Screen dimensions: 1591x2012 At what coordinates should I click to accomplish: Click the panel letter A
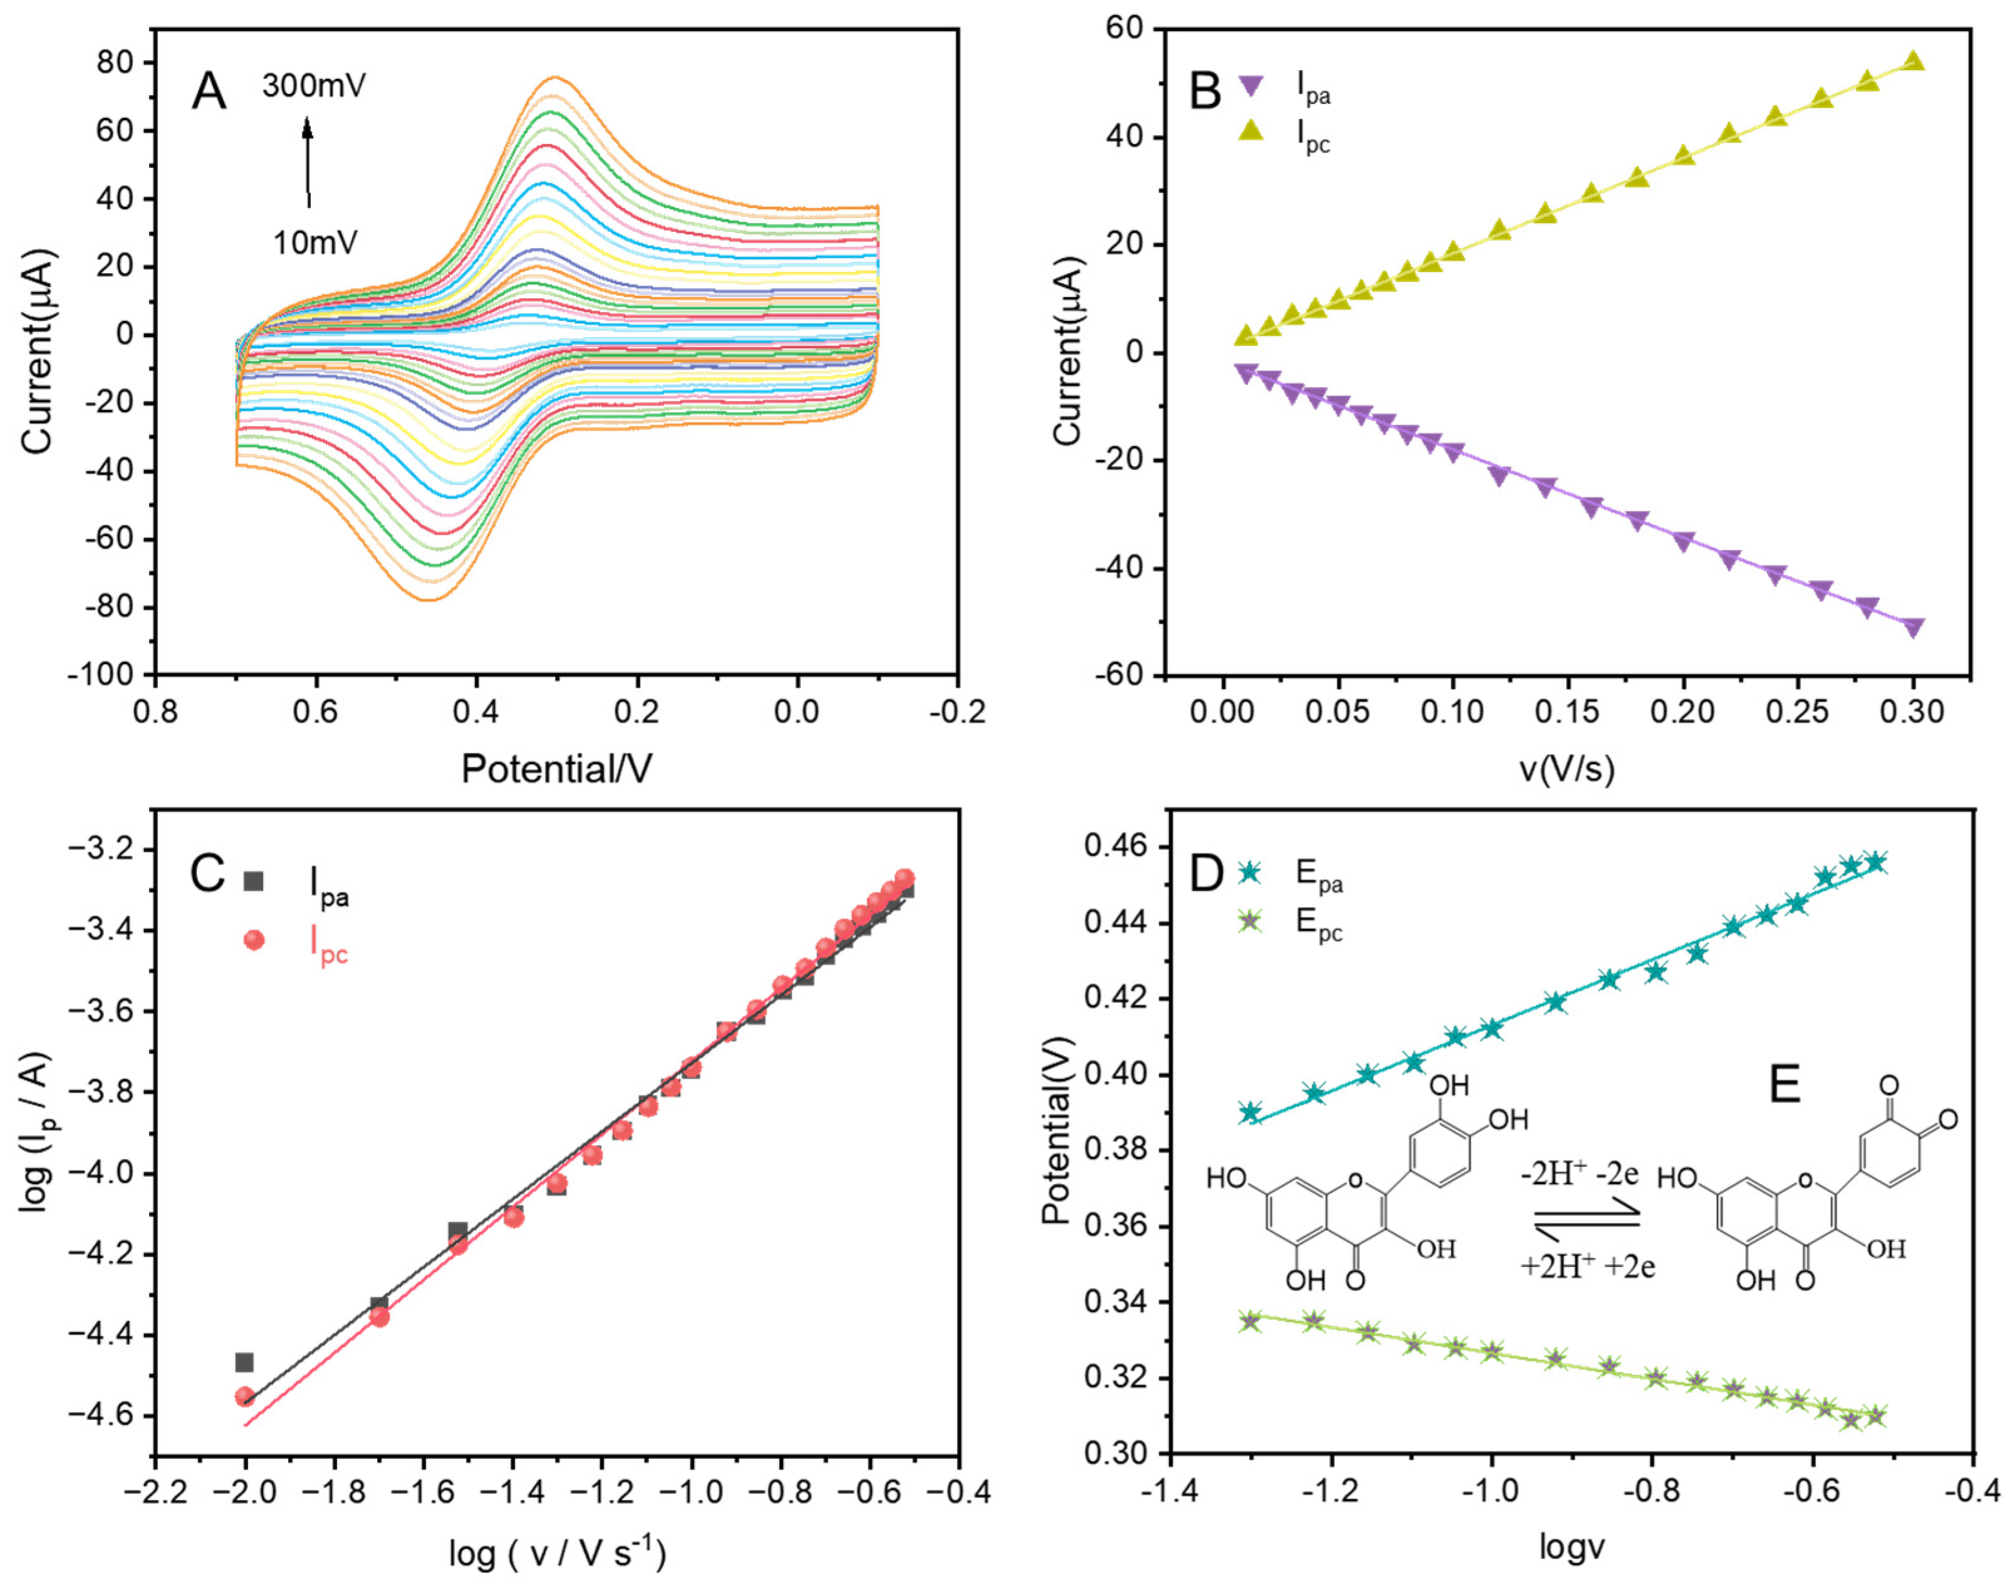[x=209, y=92]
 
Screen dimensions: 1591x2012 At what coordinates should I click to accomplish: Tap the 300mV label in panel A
[x=314, y=86]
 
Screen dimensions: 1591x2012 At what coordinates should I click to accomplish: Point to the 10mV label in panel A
[x=315, y=243]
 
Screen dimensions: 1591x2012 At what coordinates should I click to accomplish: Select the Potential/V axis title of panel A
[x=556, y=769]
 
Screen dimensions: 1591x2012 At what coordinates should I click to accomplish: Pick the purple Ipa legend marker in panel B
[x=1251, y=86]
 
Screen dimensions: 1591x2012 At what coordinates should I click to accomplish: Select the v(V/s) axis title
[x=1569, y=769]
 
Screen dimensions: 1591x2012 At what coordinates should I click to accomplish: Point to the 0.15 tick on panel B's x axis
[x=1569, y=713]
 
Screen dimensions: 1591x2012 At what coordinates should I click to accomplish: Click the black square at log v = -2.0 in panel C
[x=244, y=1363]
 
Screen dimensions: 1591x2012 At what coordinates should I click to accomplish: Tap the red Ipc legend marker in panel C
[x=253, y=940]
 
